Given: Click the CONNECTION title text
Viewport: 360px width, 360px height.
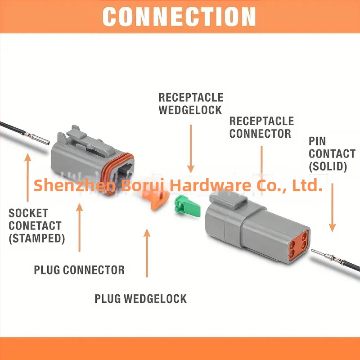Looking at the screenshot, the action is pos(179,17).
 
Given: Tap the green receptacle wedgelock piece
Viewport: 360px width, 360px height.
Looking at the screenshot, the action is pos(187,207).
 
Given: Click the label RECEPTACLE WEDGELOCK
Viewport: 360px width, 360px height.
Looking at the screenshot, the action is pos(190,103).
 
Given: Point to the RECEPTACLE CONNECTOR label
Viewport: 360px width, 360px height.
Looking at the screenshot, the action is pos(261,127).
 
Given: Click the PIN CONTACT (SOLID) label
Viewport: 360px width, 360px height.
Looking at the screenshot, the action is pos(332,154).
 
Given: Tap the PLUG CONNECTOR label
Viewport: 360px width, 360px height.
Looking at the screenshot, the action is pos(79,270).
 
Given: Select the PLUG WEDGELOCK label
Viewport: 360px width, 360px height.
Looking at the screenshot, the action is pos(141,299).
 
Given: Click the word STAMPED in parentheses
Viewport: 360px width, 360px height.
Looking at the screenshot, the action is pos(37,238).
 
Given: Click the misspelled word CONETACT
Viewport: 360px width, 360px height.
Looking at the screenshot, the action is pos(35,226).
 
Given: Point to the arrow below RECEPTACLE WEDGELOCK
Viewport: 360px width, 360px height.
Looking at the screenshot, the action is pos(190,148).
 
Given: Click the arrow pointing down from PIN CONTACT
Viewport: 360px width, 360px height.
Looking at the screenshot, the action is pos(332,207).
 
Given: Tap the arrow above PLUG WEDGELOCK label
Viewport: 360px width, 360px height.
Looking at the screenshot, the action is pos(147,253).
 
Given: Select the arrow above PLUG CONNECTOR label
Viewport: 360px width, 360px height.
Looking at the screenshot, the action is pos(80,227).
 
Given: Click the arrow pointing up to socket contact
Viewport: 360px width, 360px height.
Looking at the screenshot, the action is pos(28,177).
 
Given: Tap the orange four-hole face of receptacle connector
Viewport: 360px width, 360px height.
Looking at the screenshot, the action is pos(298,245).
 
